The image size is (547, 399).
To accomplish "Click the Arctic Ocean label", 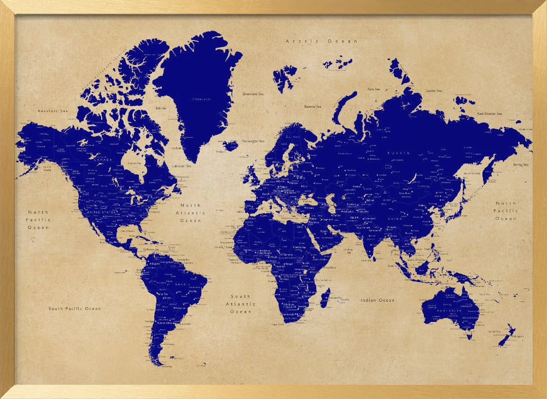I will (x=321, y=41).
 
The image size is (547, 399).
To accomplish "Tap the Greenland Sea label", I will (x=252, y=94).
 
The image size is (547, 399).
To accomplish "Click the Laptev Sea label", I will (x=434, y=91).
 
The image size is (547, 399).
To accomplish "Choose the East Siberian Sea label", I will (x=490, y=114).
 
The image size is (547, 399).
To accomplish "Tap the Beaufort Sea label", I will (x=53, y=111).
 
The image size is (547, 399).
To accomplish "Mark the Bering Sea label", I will (x=521, y=165).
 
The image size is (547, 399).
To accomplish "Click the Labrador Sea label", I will (x=182, y=166).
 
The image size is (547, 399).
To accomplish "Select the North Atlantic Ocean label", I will (x=191, y=213).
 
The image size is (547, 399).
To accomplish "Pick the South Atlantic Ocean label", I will (x=241, y=304).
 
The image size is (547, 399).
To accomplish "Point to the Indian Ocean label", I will (x=377, y=300).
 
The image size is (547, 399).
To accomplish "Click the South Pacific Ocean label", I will (x=74, y=309).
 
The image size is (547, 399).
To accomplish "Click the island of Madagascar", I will (x=324, y=298).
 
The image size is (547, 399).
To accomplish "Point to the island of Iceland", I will (x=231, y=145).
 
